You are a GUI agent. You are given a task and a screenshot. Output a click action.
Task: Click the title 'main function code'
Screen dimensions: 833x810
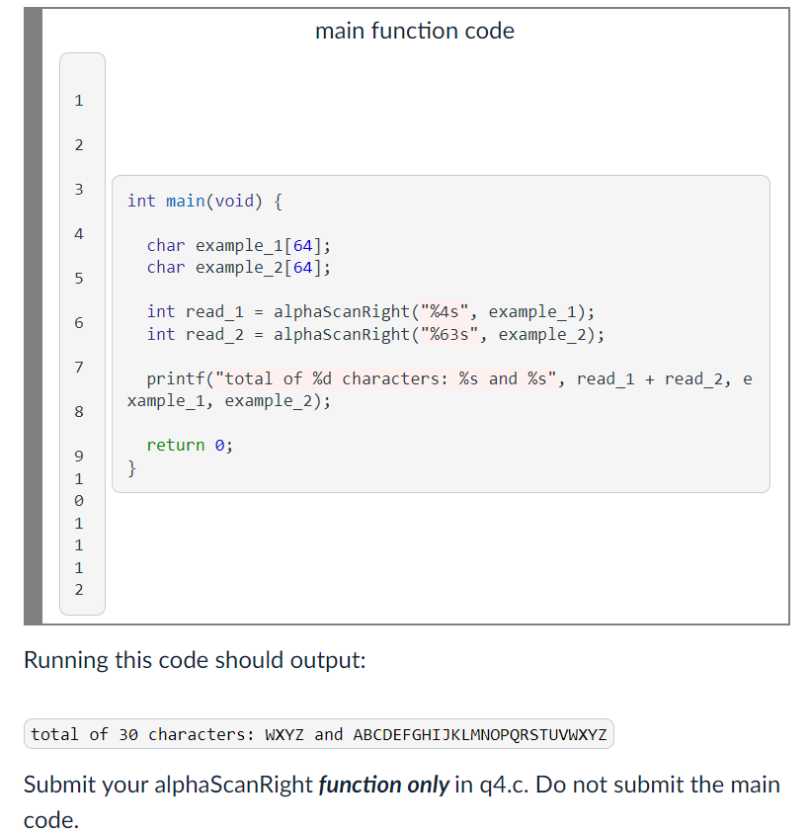[415, 32]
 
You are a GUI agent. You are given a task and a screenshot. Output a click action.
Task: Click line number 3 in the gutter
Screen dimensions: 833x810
[79, 189]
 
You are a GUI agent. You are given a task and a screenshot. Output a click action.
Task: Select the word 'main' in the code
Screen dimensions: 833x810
[185, 202]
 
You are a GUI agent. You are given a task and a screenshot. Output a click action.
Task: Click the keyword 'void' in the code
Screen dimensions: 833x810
[238, 202]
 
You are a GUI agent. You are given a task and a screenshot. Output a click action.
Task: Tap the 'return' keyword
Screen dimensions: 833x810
[176, 446]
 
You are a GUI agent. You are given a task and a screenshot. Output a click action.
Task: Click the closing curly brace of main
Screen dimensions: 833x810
[133, 467]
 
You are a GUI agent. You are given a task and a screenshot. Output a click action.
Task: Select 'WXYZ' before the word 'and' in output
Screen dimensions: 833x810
[284, 735]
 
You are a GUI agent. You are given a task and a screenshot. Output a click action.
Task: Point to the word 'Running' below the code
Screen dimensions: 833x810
[65, 660]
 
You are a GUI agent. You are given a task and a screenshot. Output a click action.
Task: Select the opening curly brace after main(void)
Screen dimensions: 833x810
[277, 202]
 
